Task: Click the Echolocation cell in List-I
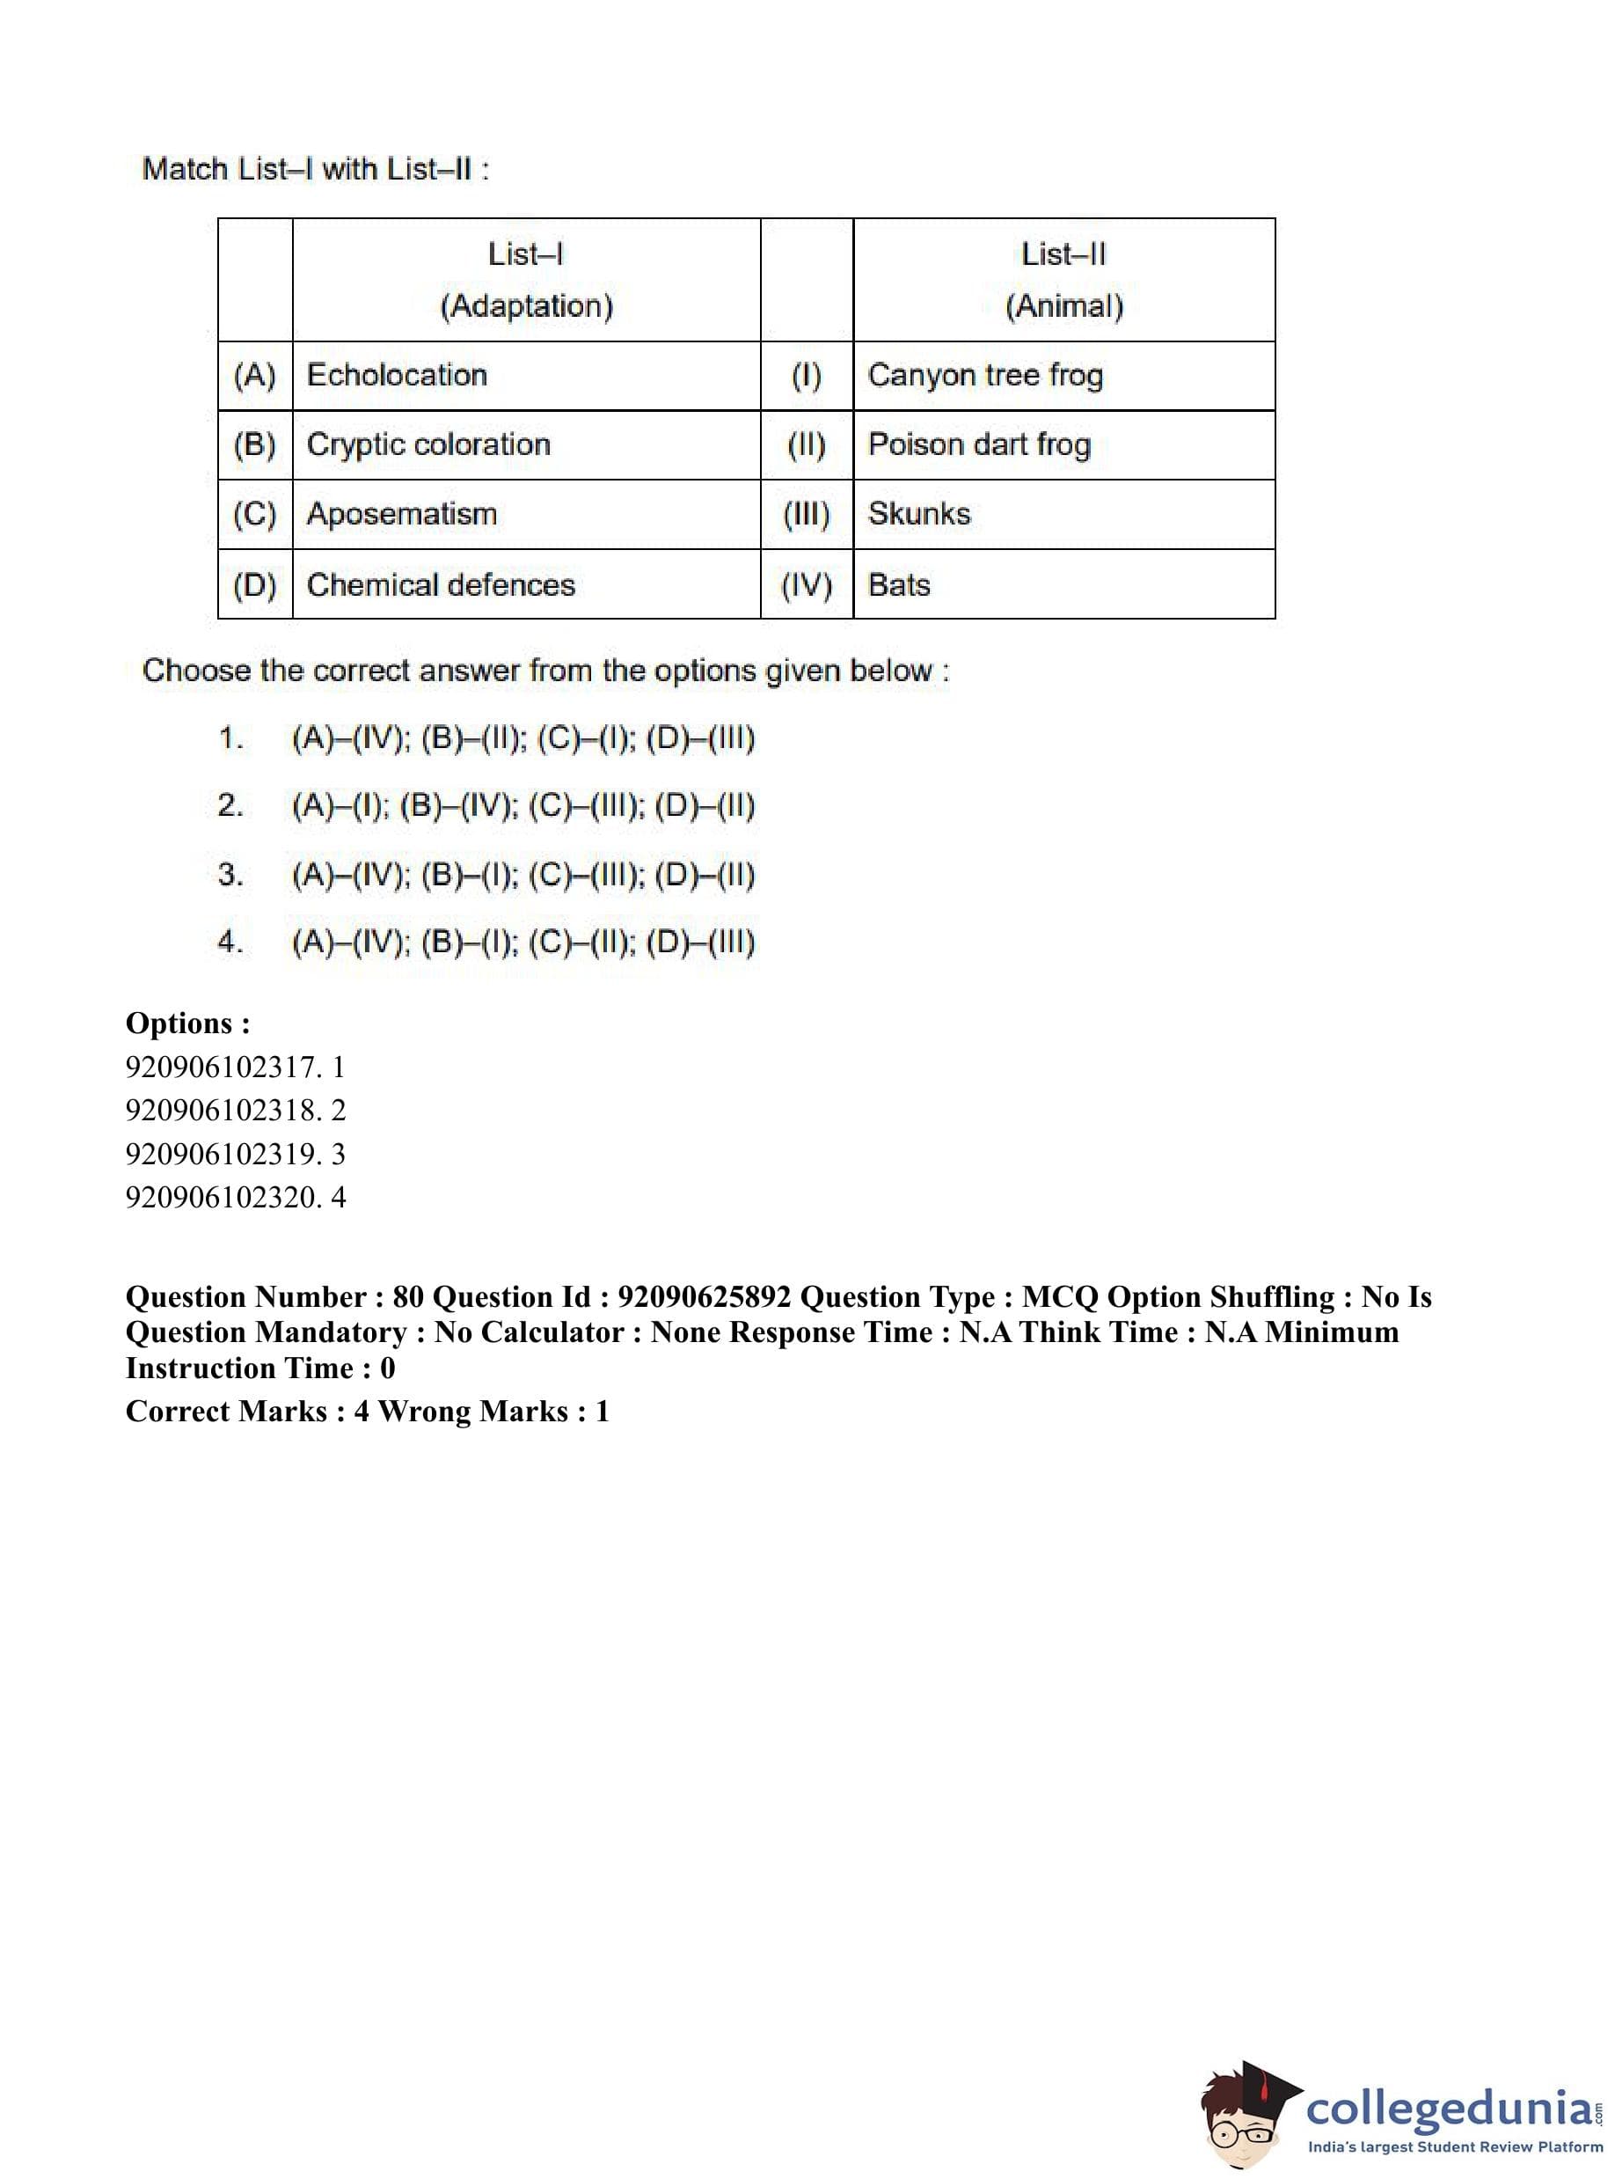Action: click(396, 376)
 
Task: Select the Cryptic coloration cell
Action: click(428, 445)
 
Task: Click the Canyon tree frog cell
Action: click(984, 376)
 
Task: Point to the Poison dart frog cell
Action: click(978, 445)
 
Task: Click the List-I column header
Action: click(525, 255)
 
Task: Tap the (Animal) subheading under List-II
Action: click(1063, 307)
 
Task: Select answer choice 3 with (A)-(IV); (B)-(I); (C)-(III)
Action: click(523, 875)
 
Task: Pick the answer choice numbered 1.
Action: click(523, 738)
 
